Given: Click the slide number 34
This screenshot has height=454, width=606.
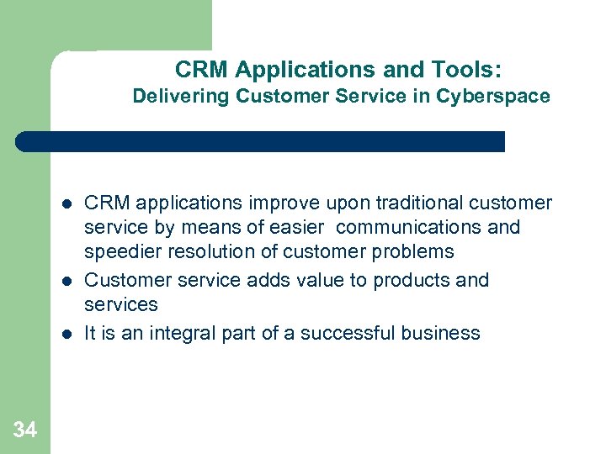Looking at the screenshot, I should [x=25, y=430].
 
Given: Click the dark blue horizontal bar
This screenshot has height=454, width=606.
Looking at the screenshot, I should [x=261, y=141].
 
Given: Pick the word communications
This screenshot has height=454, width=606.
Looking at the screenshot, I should [x=428, y=227].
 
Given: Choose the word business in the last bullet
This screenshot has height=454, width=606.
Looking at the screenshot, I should [x=442, y=334].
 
